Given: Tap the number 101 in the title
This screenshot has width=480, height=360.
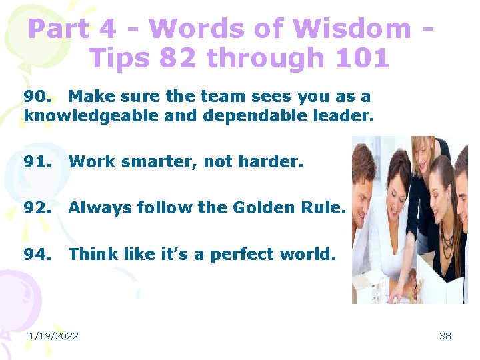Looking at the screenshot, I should [x=363, y=59].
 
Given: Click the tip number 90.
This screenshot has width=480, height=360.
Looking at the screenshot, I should [x=36, y=97].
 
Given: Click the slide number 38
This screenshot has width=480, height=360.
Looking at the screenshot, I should [x=445, y=336].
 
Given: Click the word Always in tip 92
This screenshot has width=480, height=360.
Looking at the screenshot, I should [x=97, y=208].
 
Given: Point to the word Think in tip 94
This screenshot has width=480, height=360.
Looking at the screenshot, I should [x=93, y=254].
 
